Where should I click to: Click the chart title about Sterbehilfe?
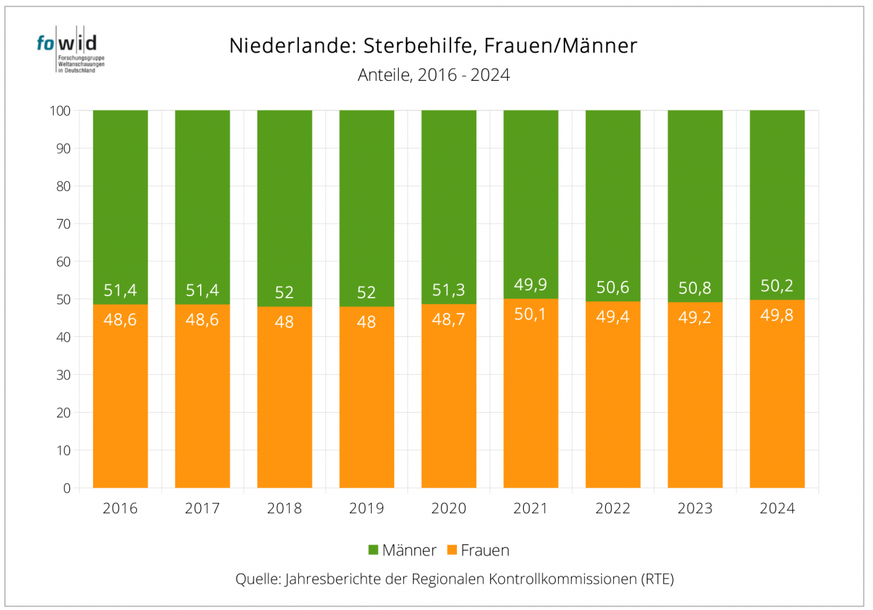click(x=433, y=46)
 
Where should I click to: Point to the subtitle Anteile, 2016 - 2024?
click(x=433, y=74)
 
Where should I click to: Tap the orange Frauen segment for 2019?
click(x=367, y=400)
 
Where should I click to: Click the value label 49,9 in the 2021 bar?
click(x=530, y=283)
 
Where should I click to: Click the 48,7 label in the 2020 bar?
click(x=449, y=320)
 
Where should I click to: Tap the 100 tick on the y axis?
click(x=60, y=111)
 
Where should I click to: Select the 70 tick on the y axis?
click(x=63, y=223)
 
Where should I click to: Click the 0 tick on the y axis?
click(x=66, y=488)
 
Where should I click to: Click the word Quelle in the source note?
click(x=256, y=579)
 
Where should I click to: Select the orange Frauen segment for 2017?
click(x=202, y=400)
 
